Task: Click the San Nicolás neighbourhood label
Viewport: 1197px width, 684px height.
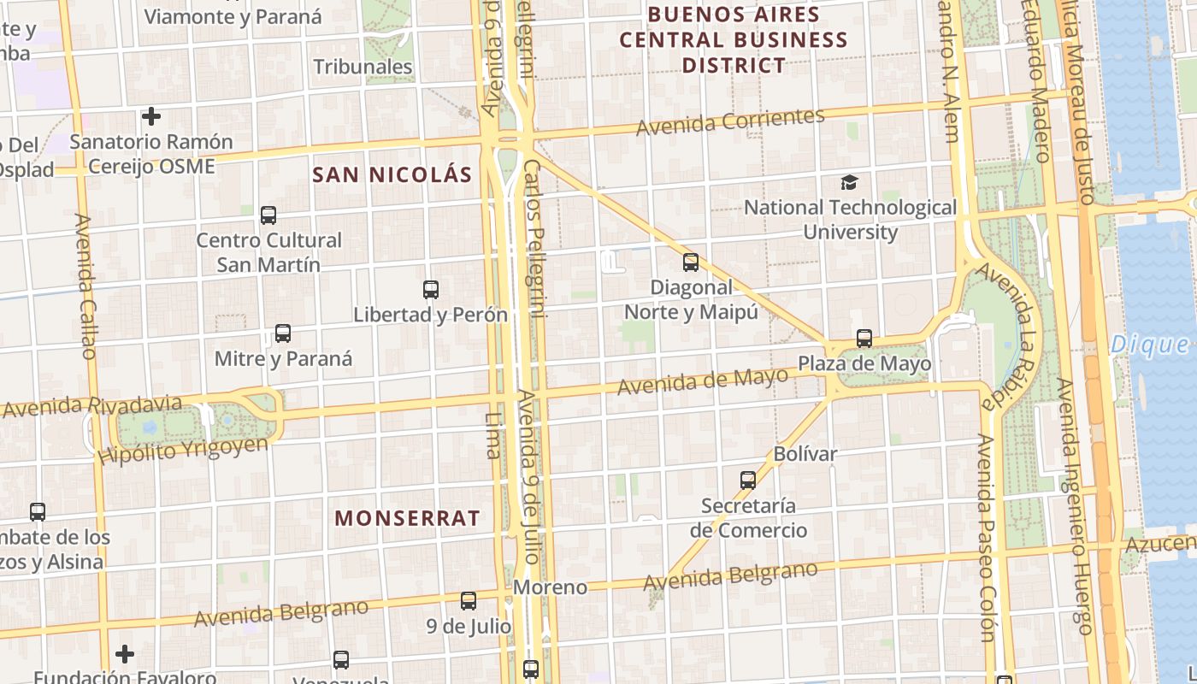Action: click(x=392, y=174)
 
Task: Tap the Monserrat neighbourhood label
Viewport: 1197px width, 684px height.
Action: click(x=407, y=517)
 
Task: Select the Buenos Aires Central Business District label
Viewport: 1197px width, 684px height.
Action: click(x=734, y=39)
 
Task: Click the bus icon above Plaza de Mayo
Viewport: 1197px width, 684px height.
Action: click(x=864, y=339)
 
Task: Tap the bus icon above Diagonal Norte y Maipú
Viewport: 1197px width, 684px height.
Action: click(x=691, y=262)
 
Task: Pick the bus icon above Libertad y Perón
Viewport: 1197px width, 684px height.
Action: click(x=431, y=290)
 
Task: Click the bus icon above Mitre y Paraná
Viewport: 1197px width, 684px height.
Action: click(x=283, y=333)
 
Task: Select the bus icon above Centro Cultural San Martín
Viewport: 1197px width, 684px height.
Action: click(x=268, y=215)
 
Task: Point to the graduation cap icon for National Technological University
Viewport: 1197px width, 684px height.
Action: click(x=849, y=182)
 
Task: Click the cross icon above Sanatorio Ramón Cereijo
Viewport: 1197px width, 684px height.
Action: click(x=151, y=115)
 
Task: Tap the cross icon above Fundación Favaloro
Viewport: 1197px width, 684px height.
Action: click(x=125, y=654)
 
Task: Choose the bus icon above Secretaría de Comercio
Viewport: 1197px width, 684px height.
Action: click(x=748, y=481)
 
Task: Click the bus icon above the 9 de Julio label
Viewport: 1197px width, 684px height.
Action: click(x=469, y=601)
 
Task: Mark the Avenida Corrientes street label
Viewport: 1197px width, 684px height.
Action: click(x=730, y=121)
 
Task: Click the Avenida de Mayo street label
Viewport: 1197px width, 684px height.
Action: click(x=702, y=381)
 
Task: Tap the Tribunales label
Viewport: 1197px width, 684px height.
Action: click(x=363, y=67)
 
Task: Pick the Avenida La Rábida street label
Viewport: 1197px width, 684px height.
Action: click(x=1010, y=334)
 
